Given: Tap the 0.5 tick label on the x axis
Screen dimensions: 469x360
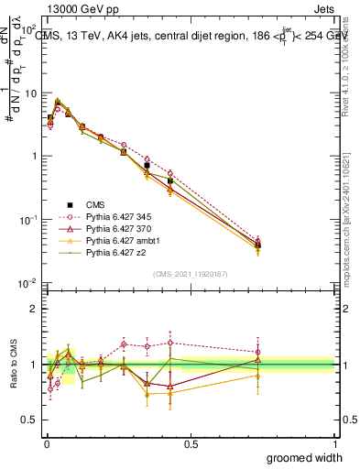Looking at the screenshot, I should pyautogui.click(x=190, y=443).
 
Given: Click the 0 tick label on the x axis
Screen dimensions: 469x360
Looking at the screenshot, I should pyautogui.click(x=46, y=443).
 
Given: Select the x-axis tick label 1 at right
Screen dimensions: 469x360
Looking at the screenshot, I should pyautogui.click(x=334, y=443).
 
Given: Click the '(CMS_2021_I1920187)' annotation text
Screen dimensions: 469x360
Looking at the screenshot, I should pyautogui.click(x=190, y=274).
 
